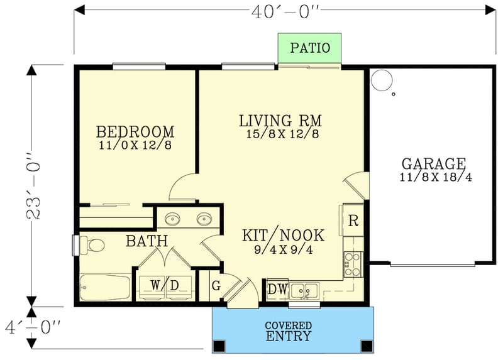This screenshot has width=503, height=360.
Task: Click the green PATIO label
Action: pyautogui.click(x=309, y=48)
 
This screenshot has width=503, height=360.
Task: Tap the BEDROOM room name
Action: pyautogui.click(x=135, y=132)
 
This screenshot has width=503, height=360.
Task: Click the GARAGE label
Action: pyautogui.click(x=434, y=165)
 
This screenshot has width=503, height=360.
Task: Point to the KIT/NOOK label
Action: pyautogui.click(x=284, y=236)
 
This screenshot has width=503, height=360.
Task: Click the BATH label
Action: pyautogui.click(x=146, y=241)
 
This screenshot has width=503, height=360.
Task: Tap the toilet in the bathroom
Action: pyautogui.click(x=92, y=245)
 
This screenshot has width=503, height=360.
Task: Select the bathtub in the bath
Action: pyautogui.click(x=105, y=288)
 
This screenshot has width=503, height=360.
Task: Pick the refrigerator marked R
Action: pyautogui.click(x=353, y=221)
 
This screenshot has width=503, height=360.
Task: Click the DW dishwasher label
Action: pyautogui.click(x=277, y=289)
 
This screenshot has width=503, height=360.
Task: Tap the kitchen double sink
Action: pyautogui.click(x=304, y=290)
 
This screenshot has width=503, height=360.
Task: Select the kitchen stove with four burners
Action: pyautogui.click(x=353, y=264)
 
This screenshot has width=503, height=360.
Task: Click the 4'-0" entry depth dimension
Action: pyautogui.click(x=31, y=327)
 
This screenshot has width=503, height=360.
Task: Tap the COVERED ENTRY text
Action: pyautogui.click(x=288, y=331)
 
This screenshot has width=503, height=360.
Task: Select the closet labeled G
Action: pyautogui.click(x=216, y=286)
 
